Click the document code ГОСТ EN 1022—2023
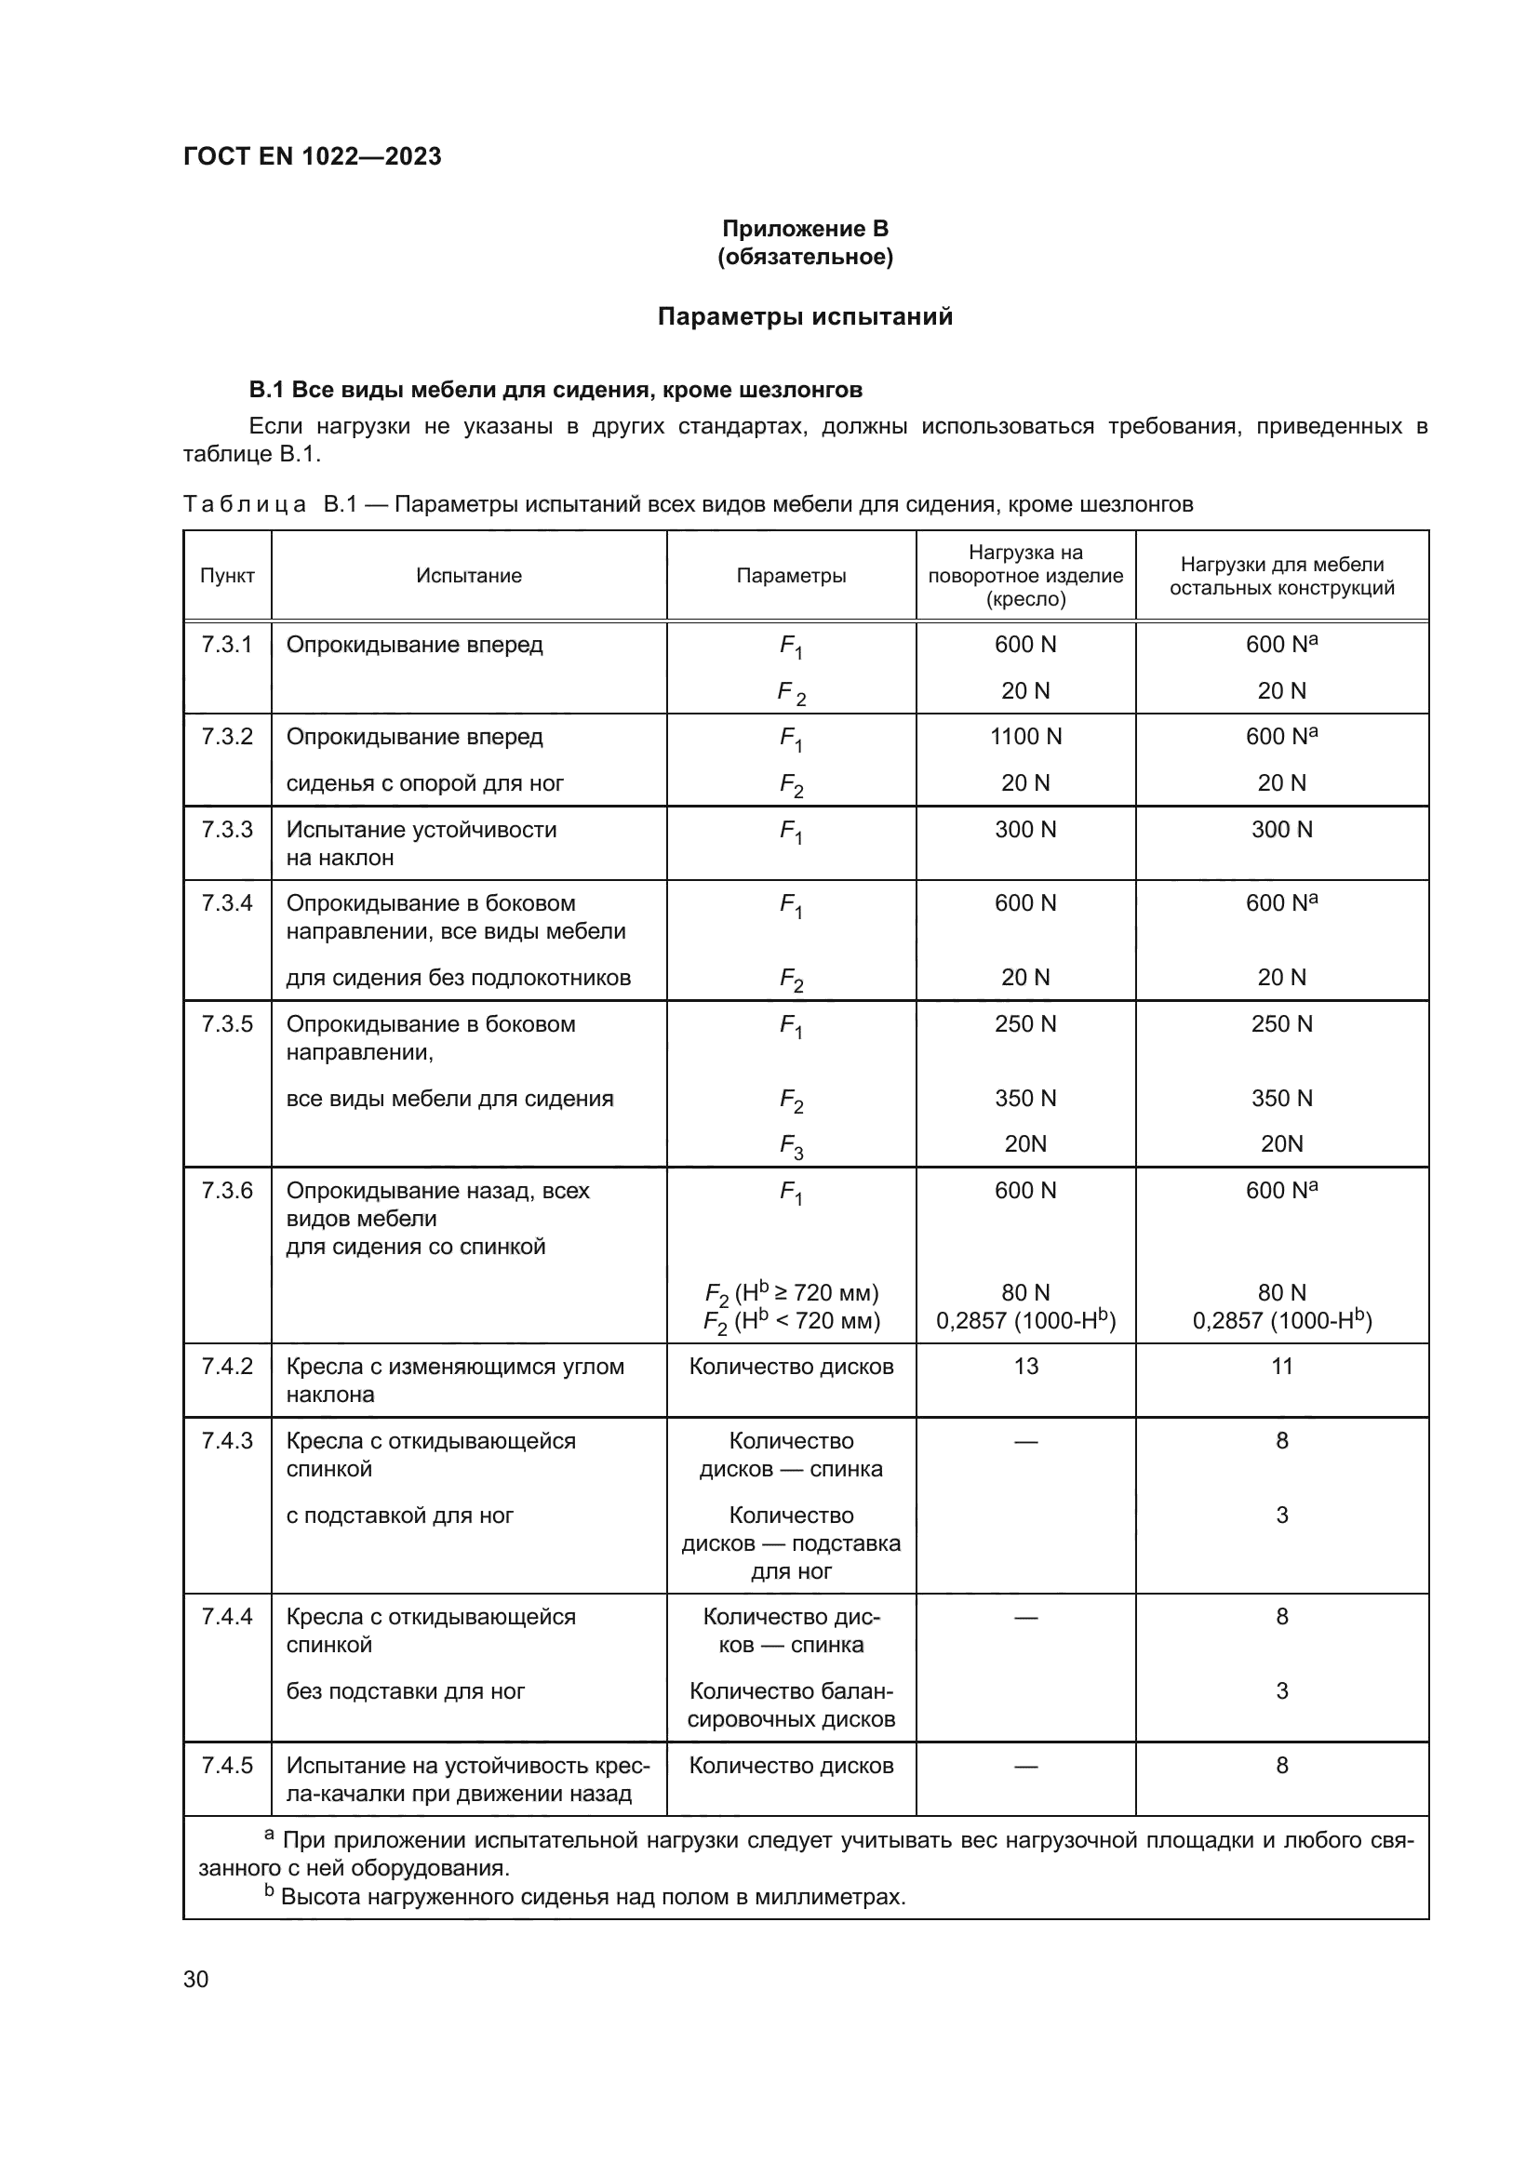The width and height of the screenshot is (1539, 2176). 312,156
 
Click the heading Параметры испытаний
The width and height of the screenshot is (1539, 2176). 805,316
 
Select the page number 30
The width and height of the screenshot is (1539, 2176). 195,1979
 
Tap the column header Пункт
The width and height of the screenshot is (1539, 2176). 227,575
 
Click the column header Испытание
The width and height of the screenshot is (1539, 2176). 469,575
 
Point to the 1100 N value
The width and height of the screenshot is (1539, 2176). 1025,737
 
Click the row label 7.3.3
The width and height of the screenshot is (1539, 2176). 227,829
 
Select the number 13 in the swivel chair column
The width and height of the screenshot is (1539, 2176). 1025,1366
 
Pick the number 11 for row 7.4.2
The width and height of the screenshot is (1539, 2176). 1281,1366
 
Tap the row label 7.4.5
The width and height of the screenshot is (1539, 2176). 227,1765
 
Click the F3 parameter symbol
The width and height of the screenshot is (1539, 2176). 791,1146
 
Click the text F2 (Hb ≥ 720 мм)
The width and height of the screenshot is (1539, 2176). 791,1293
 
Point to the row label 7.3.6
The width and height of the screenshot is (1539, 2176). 227,1191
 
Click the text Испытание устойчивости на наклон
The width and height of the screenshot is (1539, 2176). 422,844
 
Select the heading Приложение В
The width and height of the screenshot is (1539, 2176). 805,229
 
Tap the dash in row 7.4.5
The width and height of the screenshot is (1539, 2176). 1025,1765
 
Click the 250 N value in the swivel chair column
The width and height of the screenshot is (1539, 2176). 1025,1023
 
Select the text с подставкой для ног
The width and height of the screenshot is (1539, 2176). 399,1515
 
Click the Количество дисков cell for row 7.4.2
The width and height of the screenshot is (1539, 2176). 791,1366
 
